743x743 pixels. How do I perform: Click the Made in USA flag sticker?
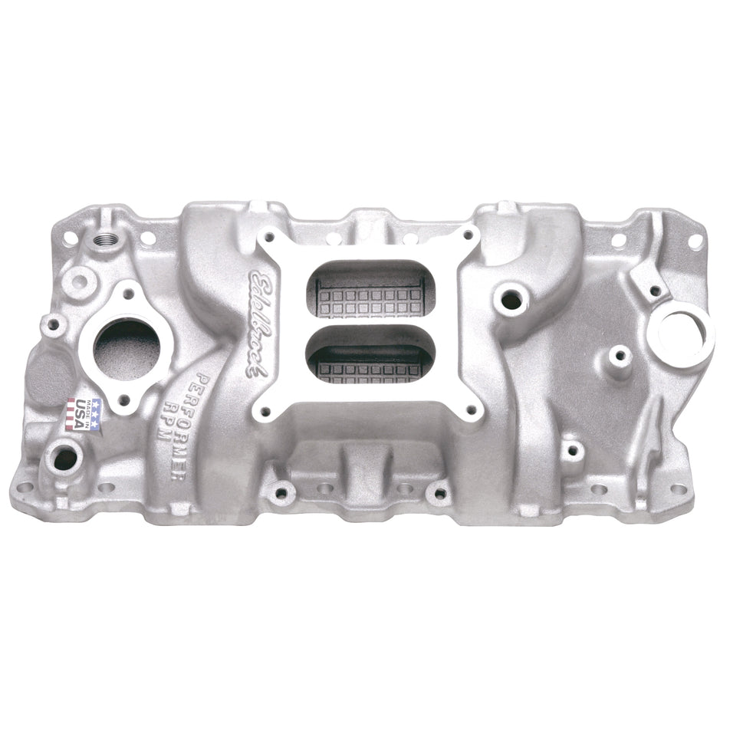point(82,414)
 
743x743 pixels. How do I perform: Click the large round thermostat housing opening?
point(127,349)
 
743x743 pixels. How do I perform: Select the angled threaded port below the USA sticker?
point(64,459)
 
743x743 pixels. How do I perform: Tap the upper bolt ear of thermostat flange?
point(127,292)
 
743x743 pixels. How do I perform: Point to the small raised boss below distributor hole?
point(620,355)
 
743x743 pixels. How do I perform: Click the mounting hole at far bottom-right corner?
point(678,489)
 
